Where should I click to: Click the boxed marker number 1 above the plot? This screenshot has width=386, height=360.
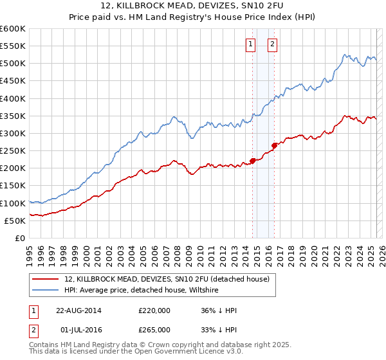coord(250,44)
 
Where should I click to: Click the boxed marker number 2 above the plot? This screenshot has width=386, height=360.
coord(273,44)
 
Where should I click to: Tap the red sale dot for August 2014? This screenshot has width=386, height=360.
coord(253,161)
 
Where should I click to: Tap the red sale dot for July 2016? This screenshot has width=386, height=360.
coord(275,145)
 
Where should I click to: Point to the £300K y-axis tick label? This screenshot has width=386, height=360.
coord(12,133)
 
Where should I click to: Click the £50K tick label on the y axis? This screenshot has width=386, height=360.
coord(15,221)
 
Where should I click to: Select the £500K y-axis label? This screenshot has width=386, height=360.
coord(12,64)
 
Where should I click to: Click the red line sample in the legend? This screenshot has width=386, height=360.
coord(46,279)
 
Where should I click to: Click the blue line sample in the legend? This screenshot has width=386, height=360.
coord(46,290)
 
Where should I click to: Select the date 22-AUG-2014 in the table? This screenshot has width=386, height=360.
coord(78,310)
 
